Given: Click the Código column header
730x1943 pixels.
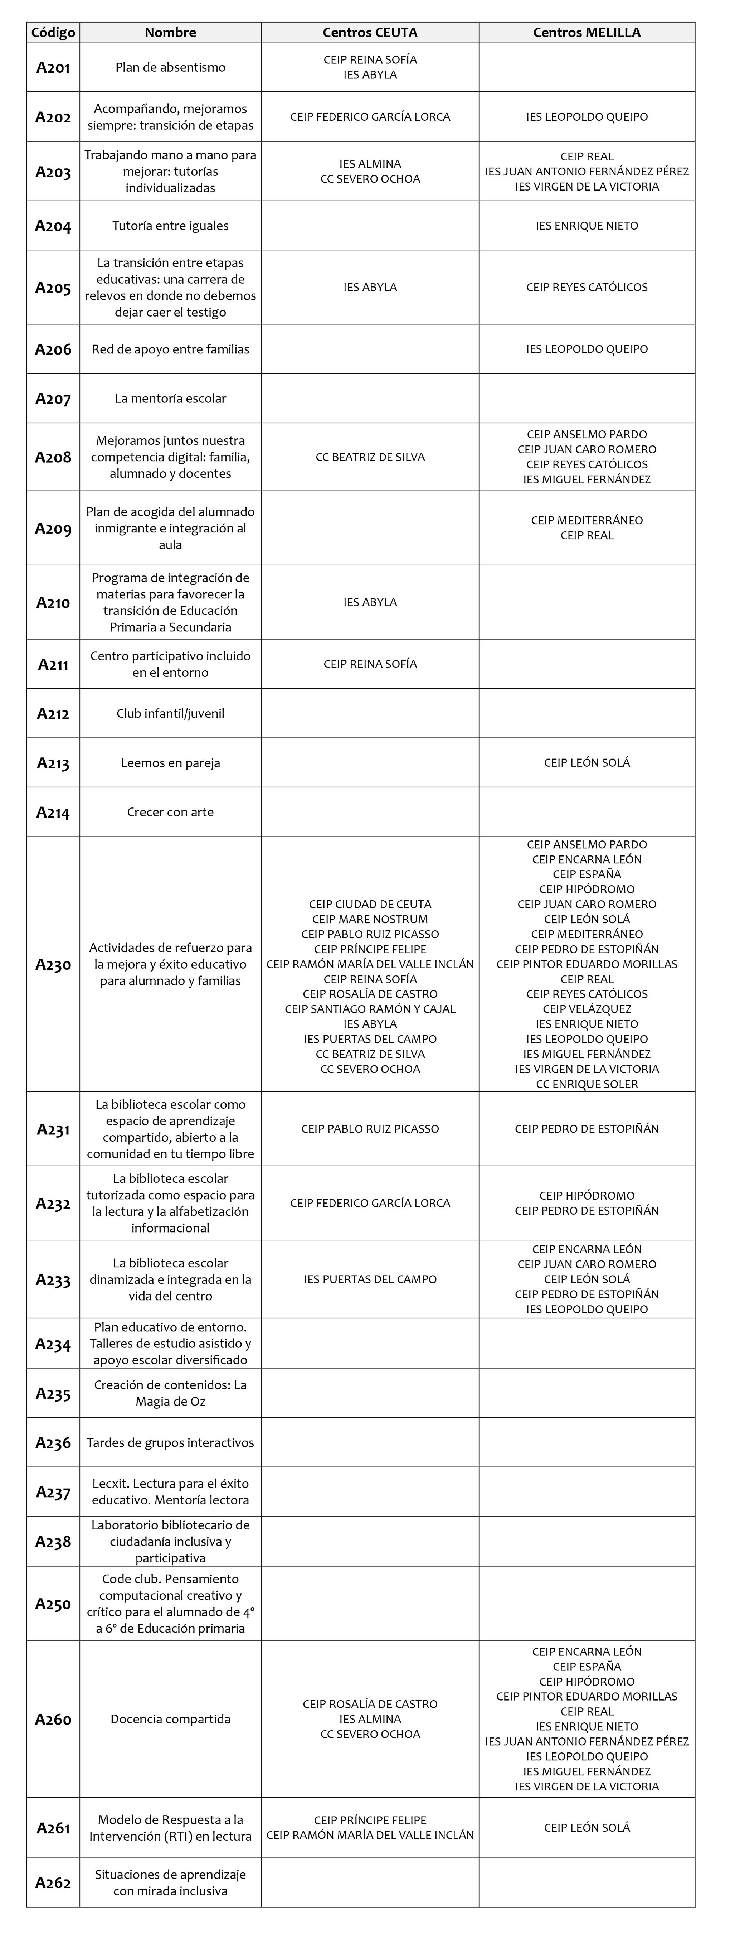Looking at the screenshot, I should coord(53,33).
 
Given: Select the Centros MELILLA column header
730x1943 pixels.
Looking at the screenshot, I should coord(587,33).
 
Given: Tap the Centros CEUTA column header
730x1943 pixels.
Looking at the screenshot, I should coord(370,33).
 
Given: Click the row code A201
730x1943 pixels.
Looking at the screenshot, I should coord(53,68).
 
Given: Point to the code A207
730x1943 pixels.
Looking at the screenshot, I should coord(53,399).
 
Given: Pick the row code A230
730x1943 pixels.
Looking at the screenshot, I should coord(53,965).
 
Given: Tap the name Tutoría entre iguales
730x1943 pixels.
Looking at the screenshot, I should coord(170,226).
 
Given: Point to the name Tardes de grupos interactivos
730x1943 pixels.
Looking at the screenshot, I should coord(170,1443).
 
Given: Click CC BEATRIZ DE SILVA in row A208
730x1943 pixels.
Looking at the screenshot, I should coord(370,457).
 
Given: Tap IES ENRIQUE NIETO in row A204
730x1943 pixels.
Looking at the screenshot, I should coord(587,226).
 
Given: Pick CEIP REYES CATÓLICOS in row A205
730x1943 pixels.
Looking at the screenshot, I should coord(587,288).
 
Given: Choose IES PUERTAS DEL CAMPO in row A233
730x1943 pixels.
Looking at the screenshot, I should coord(370,1279).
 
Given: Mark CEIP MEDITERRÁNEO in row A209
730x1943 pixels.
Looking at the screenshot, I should coord(587,520).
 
